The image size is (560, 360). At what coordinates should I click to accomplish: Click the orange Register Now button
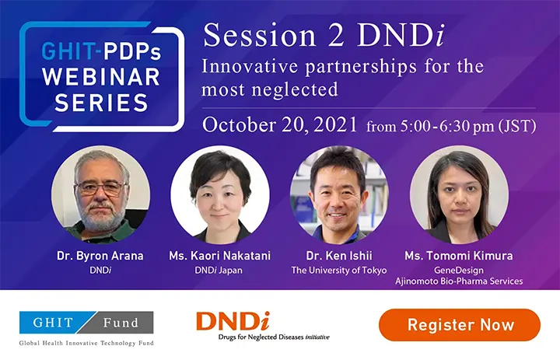pyautogui.click(x=460, y=325)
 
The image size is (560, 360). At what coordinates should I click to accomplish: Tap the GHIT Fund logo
pyautogui.click(x=86, y=322)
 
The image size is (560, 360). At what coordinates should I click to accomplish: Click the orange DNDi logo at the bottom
pyautogui.click(x=263, y=326)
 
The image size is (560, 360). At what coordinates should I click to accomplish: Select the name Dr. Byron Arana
pyautogui.click(x=100, y=256)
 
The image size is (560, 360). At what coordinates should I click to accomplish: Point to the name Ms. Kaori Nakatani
pyautogui.click(x=219, y=256)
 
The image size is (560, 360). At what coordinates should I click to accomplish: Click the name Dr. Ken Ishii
pyautogui.click(x=339, y=256)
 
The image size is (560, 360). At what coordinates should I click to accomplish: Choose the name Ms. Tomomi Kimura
pyautogui.click(x=459, y=256)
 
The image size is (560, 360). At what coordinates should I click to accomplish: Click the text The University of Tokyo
pyautogui.click(x=339, y=271)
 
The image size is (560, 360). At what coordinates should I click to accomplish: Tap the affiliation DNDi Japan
pyautogui.click(x=219, y=271)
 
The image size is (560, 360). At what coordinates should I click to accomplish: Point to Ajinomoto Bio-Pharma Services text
pyautogui.click(x=459, y=281)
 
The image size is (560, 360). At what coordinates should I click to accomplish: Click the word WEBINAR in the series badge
pyautogui.click(x=101, y=77)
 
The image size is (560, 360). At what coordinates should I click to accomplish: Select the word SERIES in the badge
pyautogui.click(x=101, y=103)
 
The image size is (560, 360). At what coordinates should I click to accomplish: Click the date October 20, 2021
pyautogui.click(x=280, y=125)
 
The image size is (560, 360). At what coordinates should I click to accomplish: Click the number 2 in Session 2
pyautogui.click(x=336, y=36)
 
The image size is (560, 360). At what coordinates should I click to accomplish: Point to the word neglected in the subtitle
pyautogui.click(x=295, y=89)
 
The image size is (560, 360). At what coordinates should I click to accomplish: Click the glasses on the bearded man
pyautogui.click(x=100, y=187)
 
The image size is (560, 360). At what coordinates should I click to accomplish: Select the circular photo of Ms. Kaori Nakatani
pyautogui.click(x=220, y=194)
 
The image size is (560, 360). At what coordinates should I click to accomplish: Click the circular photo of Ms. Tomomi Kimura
pyautogui.click(x=459, y=194)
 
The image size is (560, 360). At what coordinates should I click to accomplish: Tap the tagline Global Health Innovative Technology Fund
pyautogui.click(x=86, y=343)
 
